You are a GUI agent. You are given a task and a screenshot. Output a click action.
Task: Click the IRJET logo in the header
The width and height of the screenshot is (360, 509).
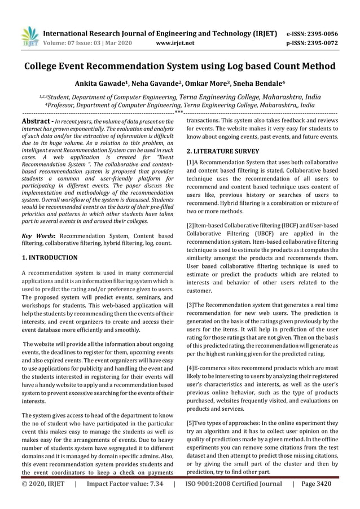(29, 36)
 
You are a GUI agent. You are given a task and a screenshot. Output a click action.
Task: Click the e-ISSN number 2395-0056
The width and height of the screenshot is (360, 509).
(319, 33)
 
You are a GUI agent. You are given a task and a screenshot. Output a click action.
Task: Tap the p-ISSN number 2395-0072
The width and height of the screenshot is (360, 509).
(319, 42)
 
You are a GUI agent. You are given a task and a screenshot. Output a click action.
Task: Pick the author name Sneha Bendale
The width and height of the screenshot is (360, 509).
(256, 84)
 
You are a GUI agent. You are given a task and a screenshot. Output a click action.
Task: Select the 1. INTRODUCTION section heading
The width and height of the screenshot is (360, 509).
(49, 258)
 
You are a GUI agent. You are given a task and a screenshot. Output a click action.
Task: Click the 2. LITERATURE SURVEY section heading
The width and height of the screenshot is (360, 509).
(223, 152)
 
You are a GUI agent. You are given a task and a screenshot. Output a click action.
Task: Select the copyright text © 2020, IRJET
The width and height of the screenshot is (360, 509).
(43, 499)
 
